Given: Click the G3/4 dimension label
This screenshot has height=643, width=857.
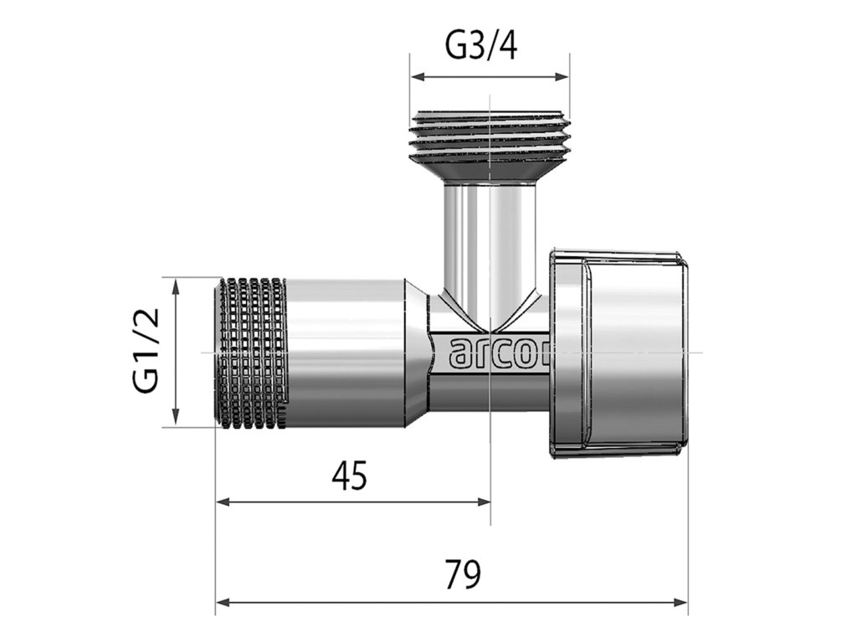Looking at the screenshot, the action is [481, 46].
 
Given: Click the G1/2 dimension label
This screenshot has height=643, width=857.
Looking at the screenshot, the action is [146, 351].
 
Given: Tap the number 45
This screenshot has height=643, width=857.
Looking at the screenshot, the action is [350, 476].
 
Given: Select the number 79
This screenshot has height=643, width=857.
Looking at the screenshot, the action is [463, 574].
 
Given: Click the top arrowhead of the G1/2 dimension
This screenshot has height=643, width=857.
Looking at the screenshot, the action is [176, 286].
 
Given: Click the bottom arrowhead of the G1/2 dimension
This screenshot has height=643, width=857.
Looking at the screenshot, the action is [176, 417].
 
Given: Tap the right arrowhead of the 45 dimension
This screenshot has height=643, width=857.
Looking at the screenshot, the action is [483, 502].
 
